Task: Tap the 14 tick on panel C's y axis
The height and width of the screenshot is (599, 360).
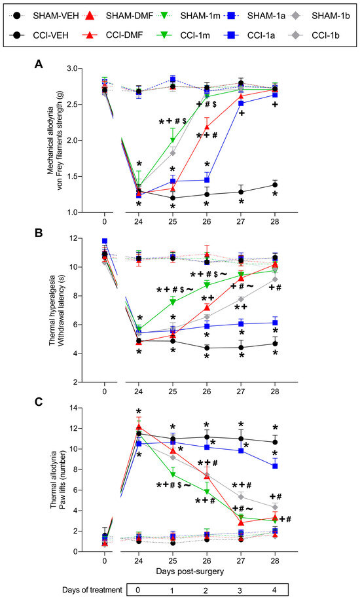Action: tap(80, 408)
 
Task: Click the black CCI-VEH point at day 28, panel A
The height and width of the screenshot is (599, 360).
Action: tap(275, 185)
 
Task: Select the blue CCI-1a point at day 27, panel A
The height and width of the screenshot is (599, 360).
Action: tap(241, 103)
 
